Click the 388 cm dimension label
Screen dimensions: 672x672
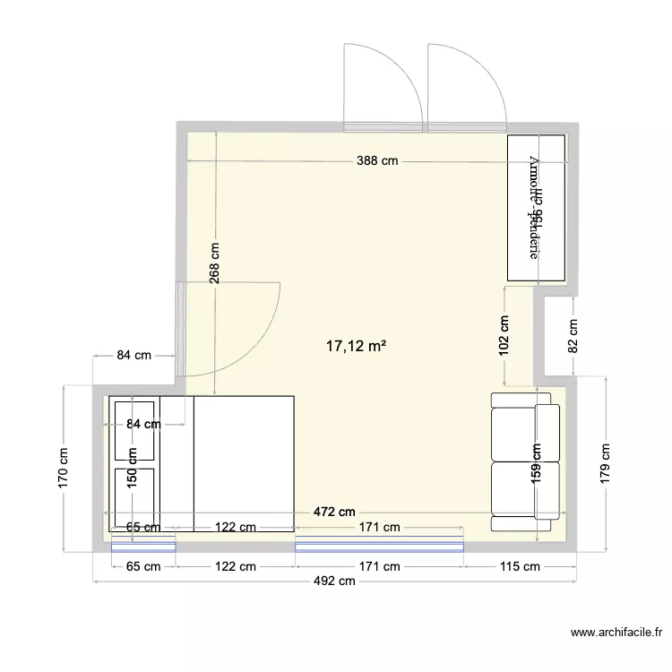click(376, 161)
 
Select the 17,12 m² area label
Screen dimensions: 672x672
click(357, 344)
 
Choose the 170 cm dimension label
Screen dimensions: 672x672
click(63, 467)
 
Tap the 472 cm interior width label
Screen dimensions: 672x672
click(334, 513)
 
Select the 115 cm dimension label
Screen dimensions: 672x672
click(519, 566)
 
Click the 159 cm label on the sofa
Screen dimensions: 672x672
click(536, 465)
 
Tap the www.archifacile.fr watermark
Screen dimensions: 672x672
click(615, 633)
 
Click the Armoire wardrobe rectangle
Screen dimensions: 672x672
click(537, 208)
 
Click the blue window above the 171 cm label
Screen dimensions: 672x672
click(380, 544)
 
